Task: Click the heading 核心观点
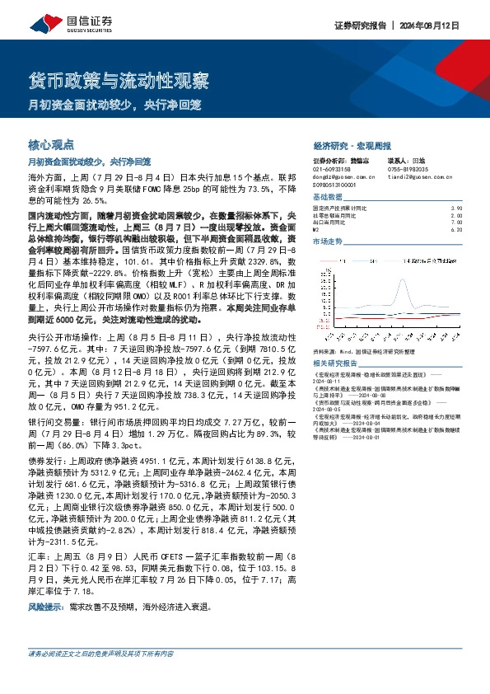pyautogui.click(x=51, y=143)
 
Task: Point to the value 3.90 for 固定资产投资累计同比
pyautogui.click(x=457, y=209)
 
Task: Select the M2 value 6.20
pyautogui.click(x=457, y=229)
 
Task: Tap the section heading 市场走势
pyautogui.click(x=327, y=241)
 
